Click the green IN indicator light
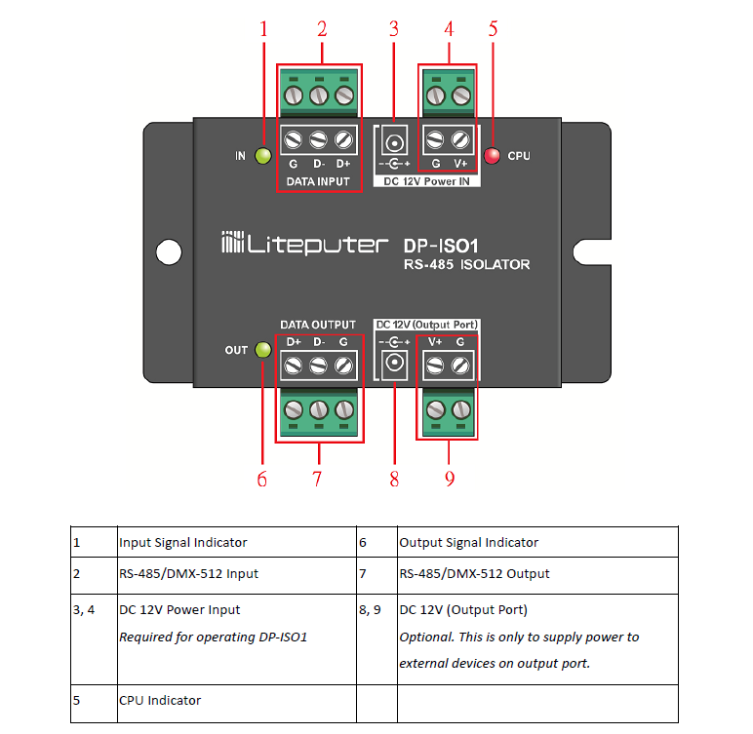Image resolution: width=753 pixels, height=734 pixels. [262, 156]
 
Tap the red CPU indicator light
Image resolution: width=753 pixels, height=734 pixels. [492, 156]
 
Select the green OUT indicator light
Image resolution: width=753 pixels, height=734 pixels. [262, 350]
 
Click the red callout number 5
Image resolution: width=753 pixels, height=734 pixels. [494, 29]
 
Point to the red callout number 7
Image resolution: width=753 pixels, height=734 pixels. [317, 479]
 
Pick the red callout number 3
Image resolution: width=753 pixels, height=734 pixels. [394, 29]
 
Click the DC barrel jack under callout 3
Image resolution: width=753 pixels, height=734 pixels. [395, 142]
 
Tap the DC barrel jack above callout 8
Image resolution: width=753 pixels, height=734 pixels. [394, 364]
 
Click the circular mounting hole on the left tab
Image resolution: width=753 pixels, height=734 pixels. [169, 252]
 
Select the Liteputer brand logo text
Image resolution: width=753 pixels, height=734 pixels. [304, 244]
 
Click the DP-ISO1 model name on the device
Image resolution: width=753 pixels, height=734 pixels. [441, 247]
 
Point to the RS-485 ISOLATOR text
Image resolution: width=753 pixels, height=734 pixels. [466, 264]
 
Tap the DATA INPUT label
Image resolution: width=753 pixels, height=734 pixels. [318, 181]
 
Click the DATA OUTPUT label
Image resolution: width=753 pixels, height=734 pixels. [318, 325]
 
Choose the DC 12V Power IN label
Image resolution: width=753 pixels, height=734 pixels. [426, 181]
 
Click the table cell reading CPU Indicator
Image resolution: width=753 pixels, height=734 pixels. [160, 701]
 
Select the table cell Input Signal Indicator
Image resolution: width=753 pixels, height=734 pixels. [183, 543]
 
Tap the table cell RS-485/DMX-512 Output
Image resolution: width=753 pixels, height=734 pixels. [474, 574]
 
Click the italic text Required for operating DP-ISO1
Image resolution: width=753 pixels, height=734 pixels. [214, 637]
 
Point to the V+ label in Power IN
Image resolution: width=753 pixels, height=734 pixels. [460, 164]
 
